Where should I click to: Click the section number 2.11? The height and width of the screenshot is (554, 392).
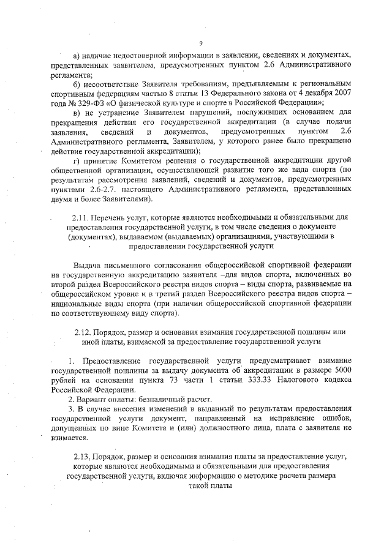click(x=81, y=217)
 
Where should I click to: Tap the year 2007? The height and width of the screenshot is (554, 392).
click(x=341, y=92)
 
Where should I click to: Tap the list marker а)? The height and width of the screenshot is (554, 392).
click(x=77, y=54)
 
